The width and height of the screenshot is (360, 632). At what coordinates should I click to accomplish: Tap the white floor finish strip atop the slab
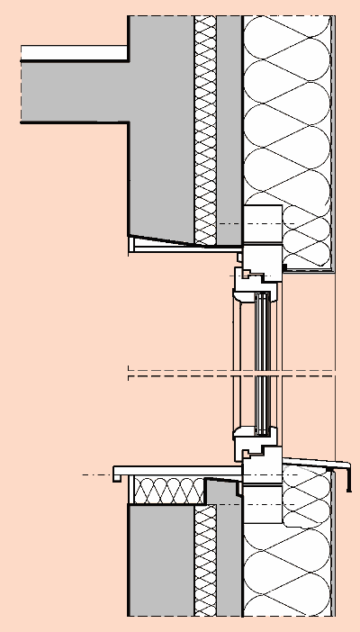[x=72, y=53]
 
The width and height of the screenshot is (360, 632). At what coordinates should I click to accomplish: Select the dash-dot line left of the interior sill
[x=94, y=474]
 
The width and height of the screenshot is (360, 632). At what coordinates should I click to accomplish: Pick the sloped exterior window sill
[x=310, y=462]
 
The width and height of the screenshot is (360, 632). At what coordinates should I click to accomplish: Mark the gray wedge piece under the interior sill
[x=220, y=491]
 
